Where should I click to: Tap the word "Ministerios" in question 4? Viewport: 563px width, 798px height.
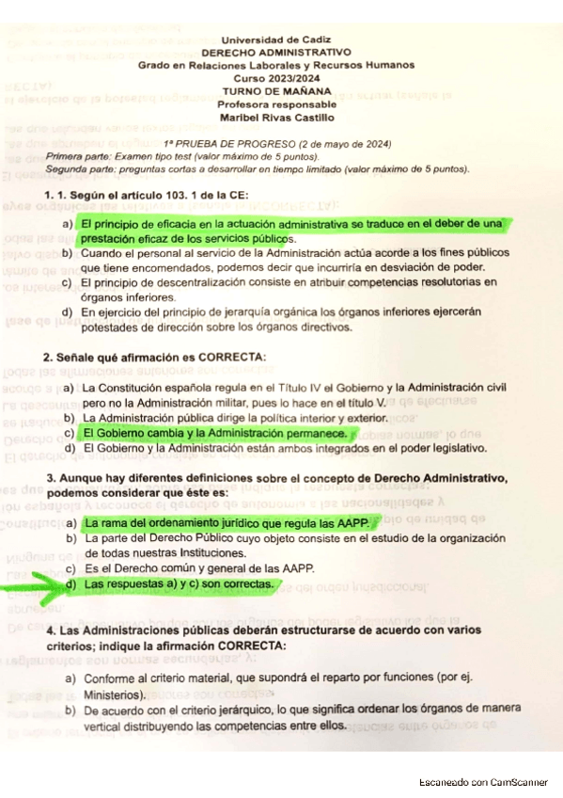(x=111, y=694)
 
